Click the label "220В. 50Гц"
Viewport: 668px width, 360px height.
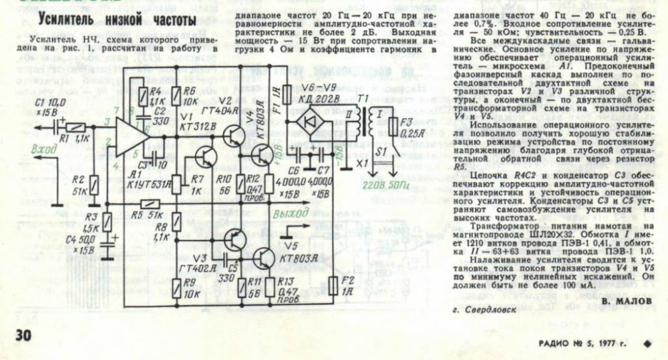pos(378,185)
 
